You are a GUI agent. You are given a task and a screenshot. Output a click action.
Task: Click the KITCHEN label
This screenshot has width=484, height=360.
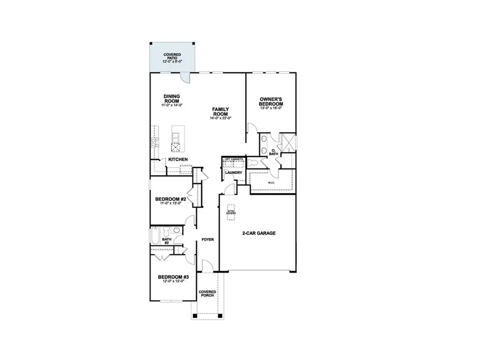pos(178,160)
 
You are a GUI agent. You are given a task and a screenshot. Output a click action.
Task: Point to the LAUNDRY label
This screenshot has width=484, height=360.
pos(233,173)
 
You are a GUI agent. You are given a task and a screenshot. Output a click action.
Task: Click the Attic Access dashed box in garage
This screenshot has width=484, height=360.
pos(231,210)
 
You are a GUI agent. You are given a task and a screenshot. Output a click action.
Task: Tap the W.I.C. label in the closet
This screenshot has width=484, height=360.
pos(272,183)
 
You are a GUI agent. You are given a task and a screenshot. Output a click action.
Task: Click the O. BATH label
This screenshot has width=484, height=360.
pos(274,152)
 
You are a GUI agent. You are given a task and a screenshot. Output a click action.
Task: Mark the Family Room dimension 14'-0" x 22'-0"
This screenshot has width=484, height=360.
pos(220,118)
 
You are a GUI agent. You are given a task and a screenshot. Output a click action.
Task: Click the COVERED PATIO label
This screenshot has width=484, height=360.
pos(172,57)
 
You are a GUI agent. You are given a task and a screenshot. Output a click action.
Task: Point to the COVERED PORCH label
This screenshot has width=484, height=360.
pos(208,294)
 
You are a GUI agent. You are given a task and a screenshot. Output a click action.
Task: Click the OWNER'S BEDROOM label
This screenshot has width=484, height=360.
pos(271,102)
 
